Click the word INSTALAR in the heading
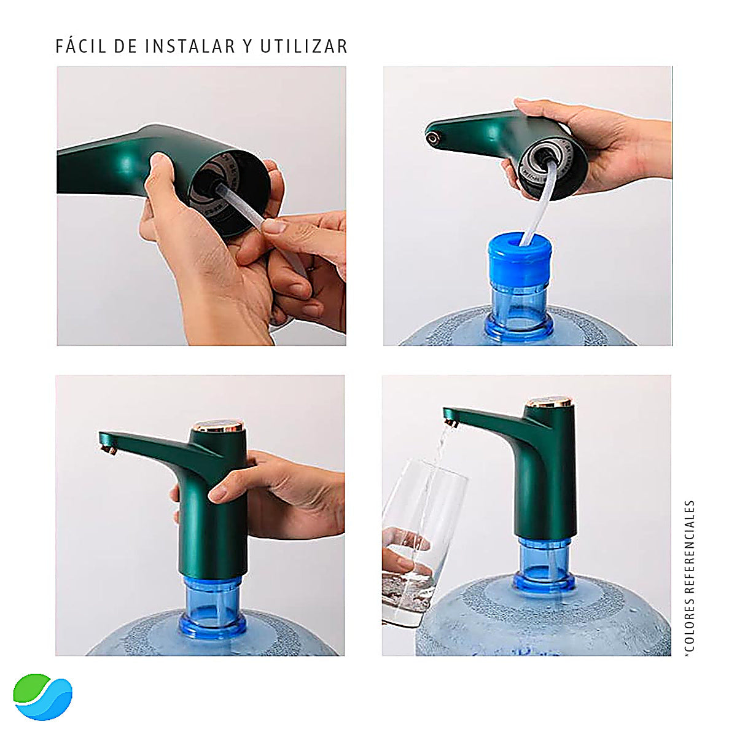click(190, 47)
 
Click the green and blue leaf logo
click(42, 696)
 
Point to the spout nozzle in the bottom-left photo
click(109, 450)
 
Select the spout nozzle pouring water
click(452, 422)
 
